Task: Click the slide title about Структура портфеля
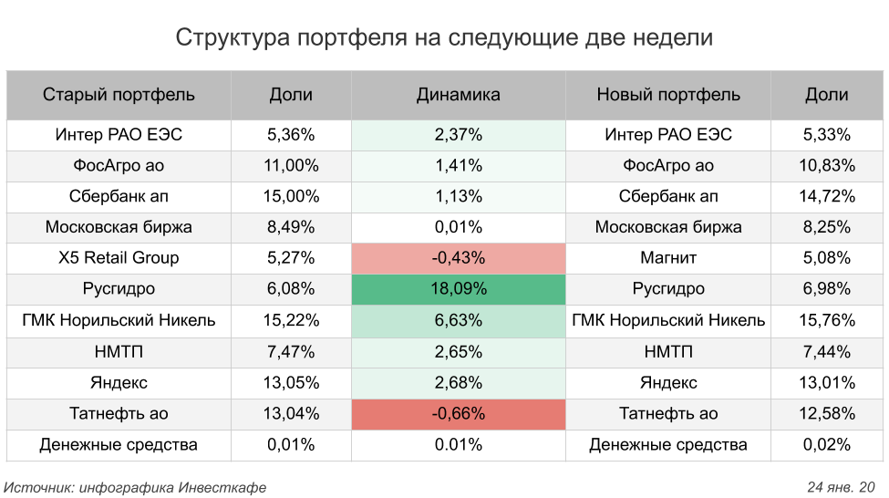pos(444,38)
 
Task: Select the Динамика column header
pos(458,95)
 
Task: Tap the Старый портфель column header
pos(119,95)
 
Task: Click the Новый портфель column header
pos(668,95)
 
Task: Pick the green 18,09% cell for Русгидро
pos(458,289)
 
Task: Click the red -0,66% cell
pos(458,414)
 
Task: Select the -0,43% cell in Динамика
pos(458,258)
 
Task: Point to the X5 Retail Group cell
pos(119,258)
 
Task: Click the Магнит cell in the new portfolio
pos(668,258)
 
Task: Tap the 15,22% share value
pos(291,321)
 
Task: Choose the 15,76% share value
pos(828,321)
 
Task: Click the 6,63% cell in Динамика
pos(458,321)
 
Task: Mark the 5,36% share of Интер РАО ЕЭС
pos(291,135)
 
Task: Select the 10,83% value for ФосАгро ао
pos(828,166)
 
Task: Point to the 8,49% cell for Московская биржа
pos(291,227)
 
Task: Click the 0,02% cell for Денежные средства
pos(828,445)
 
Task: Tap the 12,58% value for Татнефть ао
pos(828,414)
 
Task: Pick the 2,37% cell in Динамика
pos(458,135)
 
